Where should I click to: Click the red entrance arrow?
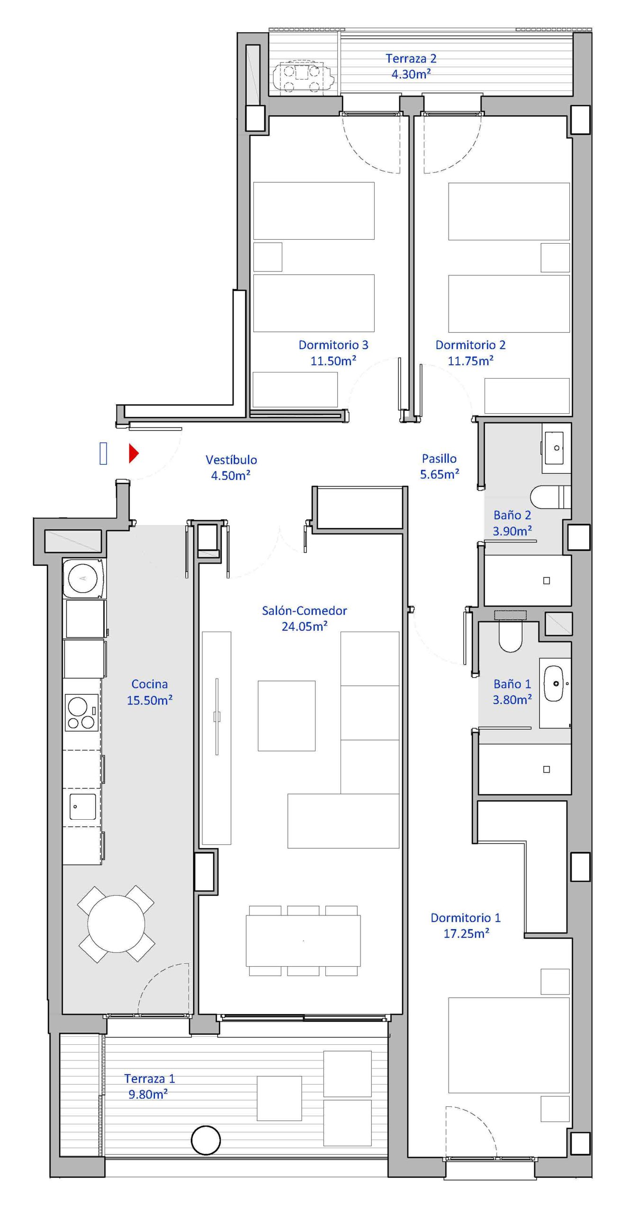[x=134, y=453]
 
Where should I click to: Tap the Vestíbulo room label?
[x=231, y=460]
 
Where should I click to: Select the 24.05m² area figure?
[x=305, y=626]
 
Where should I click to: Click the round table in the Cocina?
[x=116, y=923]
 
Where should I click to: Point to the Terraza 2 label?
[x=411, y=58]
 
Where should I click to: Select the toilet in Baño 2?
[x=550, y=497]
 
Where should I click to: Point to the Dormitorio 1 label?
[x=465, y=917]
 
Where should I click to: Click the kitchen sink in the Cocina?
[x=82, y=806]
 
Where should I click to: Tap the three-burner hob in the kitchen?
[x=81, y=713]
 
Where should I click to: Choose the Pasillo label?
[x=439, y=458]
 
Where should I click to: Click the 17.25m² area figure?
[x=466, y=933]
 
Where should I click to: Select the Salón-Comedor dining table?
[x=303, y=941]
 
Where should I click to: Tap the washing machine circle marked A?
[x=83, y=578]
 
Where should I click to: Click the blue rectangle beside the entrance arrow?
[x=103, y=453]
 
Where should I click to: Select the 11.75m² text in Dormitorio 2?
[x=471, y=361]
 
